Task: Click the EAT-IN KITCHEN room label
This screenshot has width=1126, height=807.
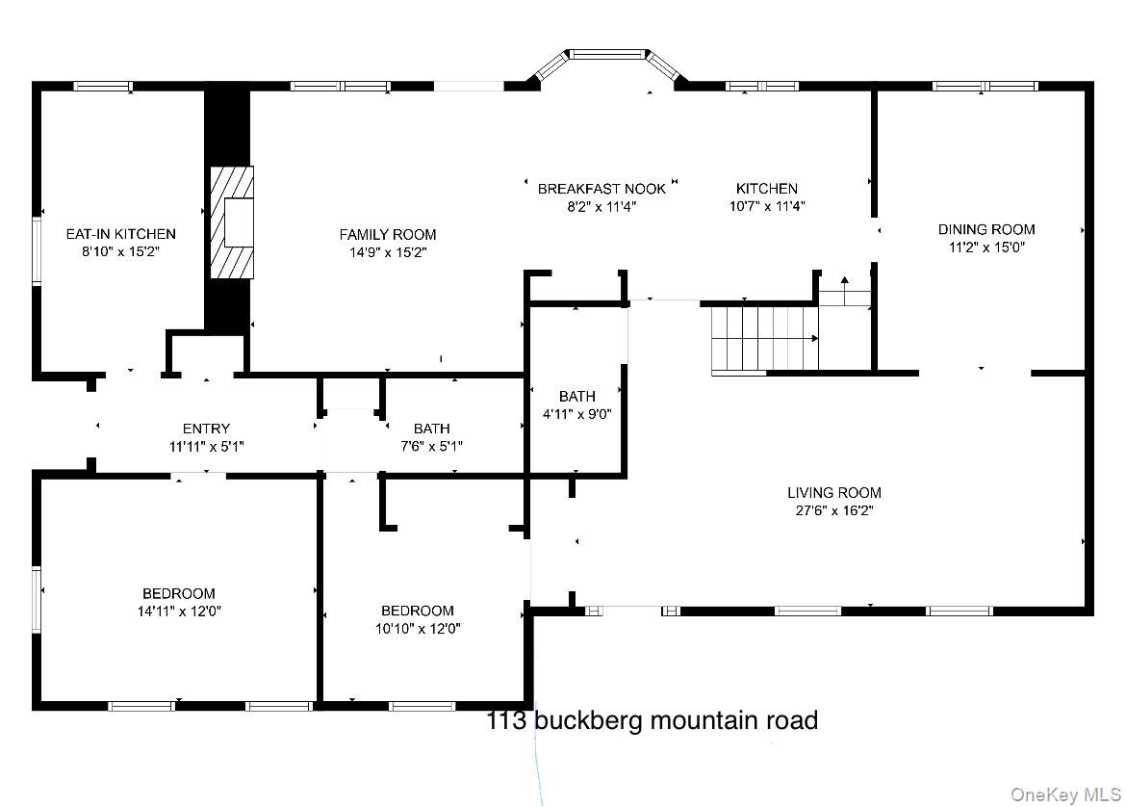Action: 120,234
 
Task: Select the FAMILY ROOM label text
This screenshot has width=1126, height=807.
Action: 387,235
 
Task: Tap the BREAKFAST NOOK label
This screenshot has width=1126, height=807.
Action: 601,189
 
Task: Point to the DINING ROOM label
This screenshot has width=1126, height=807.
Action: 986,229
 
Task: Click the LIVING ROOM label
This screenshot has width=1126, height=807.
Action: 833,493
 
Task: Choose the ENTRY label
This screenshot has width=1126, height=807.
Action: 206,429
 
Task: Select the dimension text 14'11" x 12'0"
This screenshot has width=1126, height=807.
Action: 179,611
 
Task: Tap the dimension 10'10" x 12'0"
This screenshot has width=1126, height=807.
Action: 417,629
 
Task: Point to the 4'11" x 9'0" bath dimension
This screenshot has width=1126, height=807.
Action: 576,414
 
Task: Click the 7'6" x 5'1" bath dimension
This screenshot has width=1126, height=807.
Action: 431,446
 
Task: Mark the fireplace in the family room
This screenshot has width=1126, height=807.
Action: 234,222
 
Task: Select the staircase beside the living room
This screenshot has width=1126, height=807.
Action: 763,338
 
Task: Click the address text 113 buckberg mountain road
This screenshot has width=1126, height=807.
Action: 653,720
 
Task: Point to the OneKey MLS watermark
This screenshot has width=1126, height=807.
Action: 1064,794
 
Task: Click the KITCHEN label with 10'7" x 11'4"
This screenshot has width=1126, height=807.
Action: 766,189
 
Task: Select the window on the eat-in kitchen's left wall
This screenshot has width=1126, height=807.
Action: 36,250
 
